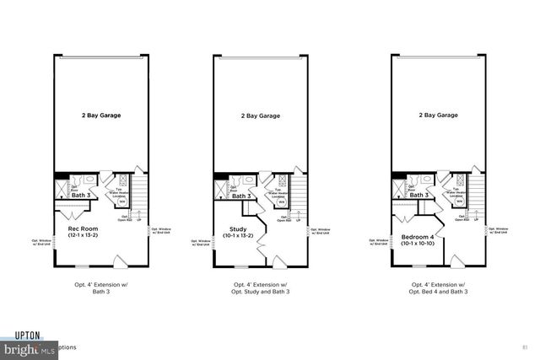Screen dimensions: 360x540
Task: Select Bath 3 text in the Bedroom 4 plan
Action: (x=420, y=196)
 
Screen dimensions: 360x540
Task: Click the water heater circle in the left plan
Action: (x=120, y=201)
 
